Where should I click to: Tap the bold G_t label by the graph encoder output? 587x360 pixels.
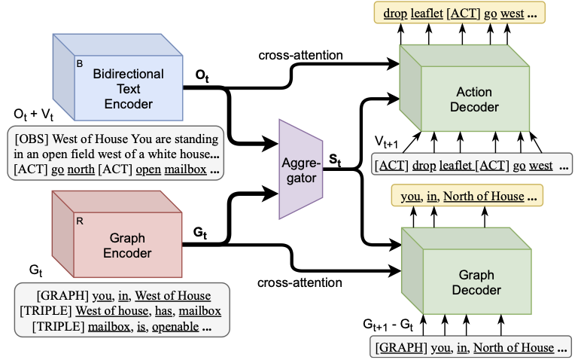[x=201, y=233]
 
